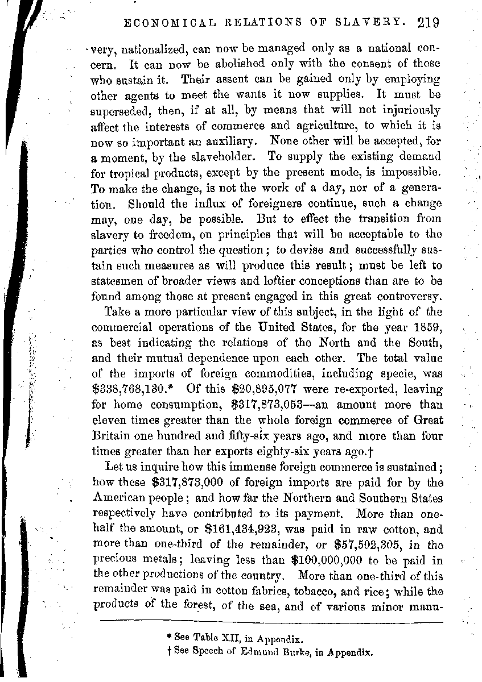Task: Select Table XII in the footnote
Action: click(x=212, y=638)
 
